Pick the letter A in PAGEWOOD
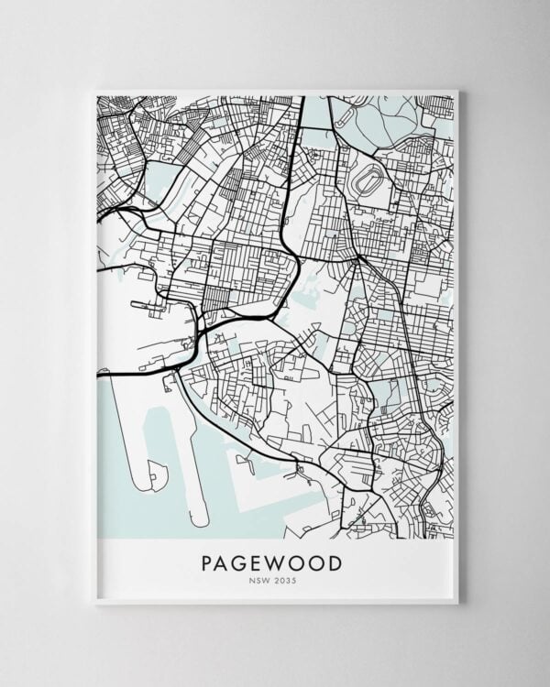pyautogui.click(x=225, y=562)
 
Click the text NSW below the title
pyautogui.click(x=262, y=580)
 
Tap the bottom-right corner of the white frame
pyautogui.click(x=458, y=604)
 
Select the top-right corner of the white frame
pyautogui.click(x=458, y=90)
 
